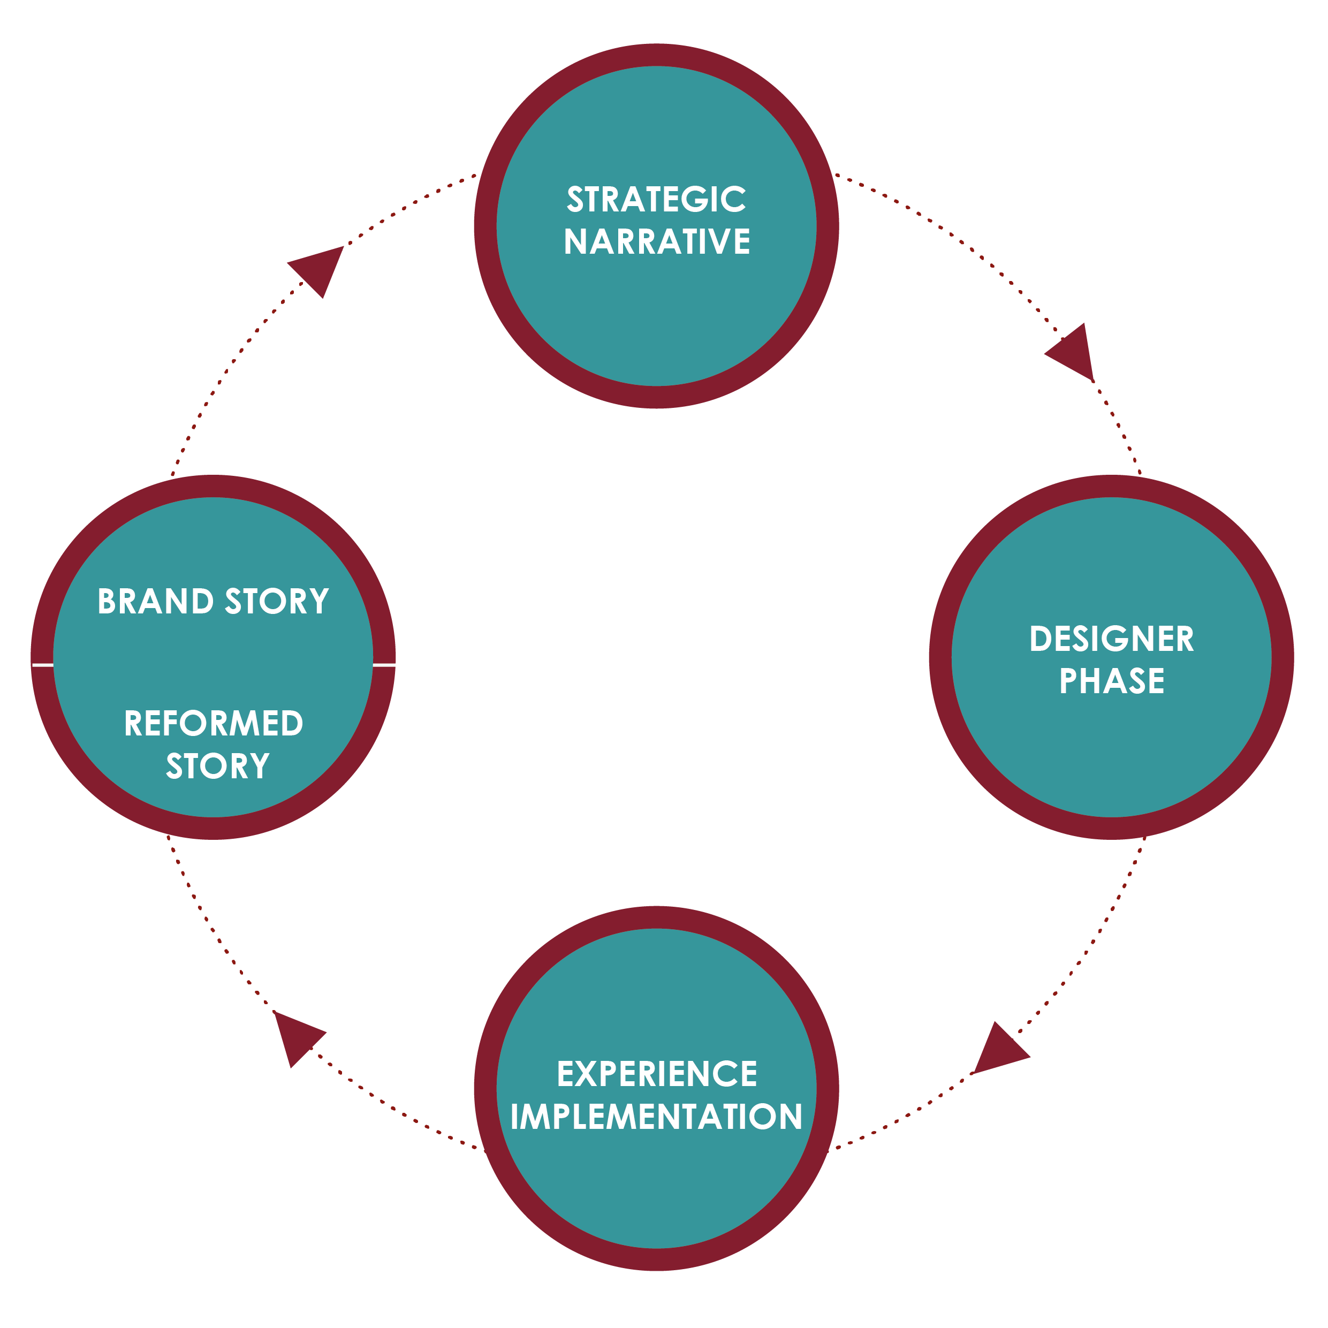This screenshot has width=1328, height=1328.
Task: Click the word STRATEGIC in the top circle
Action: (x=656, y=200)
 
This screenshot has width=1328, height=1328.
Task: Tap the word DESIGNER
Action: (x=1111, y=639)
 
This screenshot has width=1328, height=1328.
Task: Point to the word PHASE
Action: (x=1111, y=682)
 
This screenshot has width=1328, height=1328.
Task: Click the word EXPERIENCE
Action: (x=656, y=1074)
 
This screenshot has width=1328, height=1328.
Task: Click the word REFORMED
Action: (x=214, y=724)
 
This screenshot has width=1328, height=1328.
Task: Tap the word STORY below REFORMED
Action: (x=218, y=767)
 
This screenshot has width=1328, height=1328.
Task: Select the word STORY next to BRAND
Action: (x=277, y=602)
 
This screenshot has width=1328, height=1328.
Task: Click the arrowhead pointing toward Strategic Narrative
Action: (x=319, y=268)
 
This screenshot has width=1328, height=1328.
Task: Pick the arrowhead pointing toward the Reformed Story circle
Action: (x=296, y=1035)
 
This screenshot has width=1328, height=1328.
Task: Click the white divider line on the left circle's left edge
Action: (x=43, y=665)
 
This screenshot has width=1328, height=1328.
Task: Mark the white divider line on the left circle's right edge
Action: (x=384, y=665)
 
